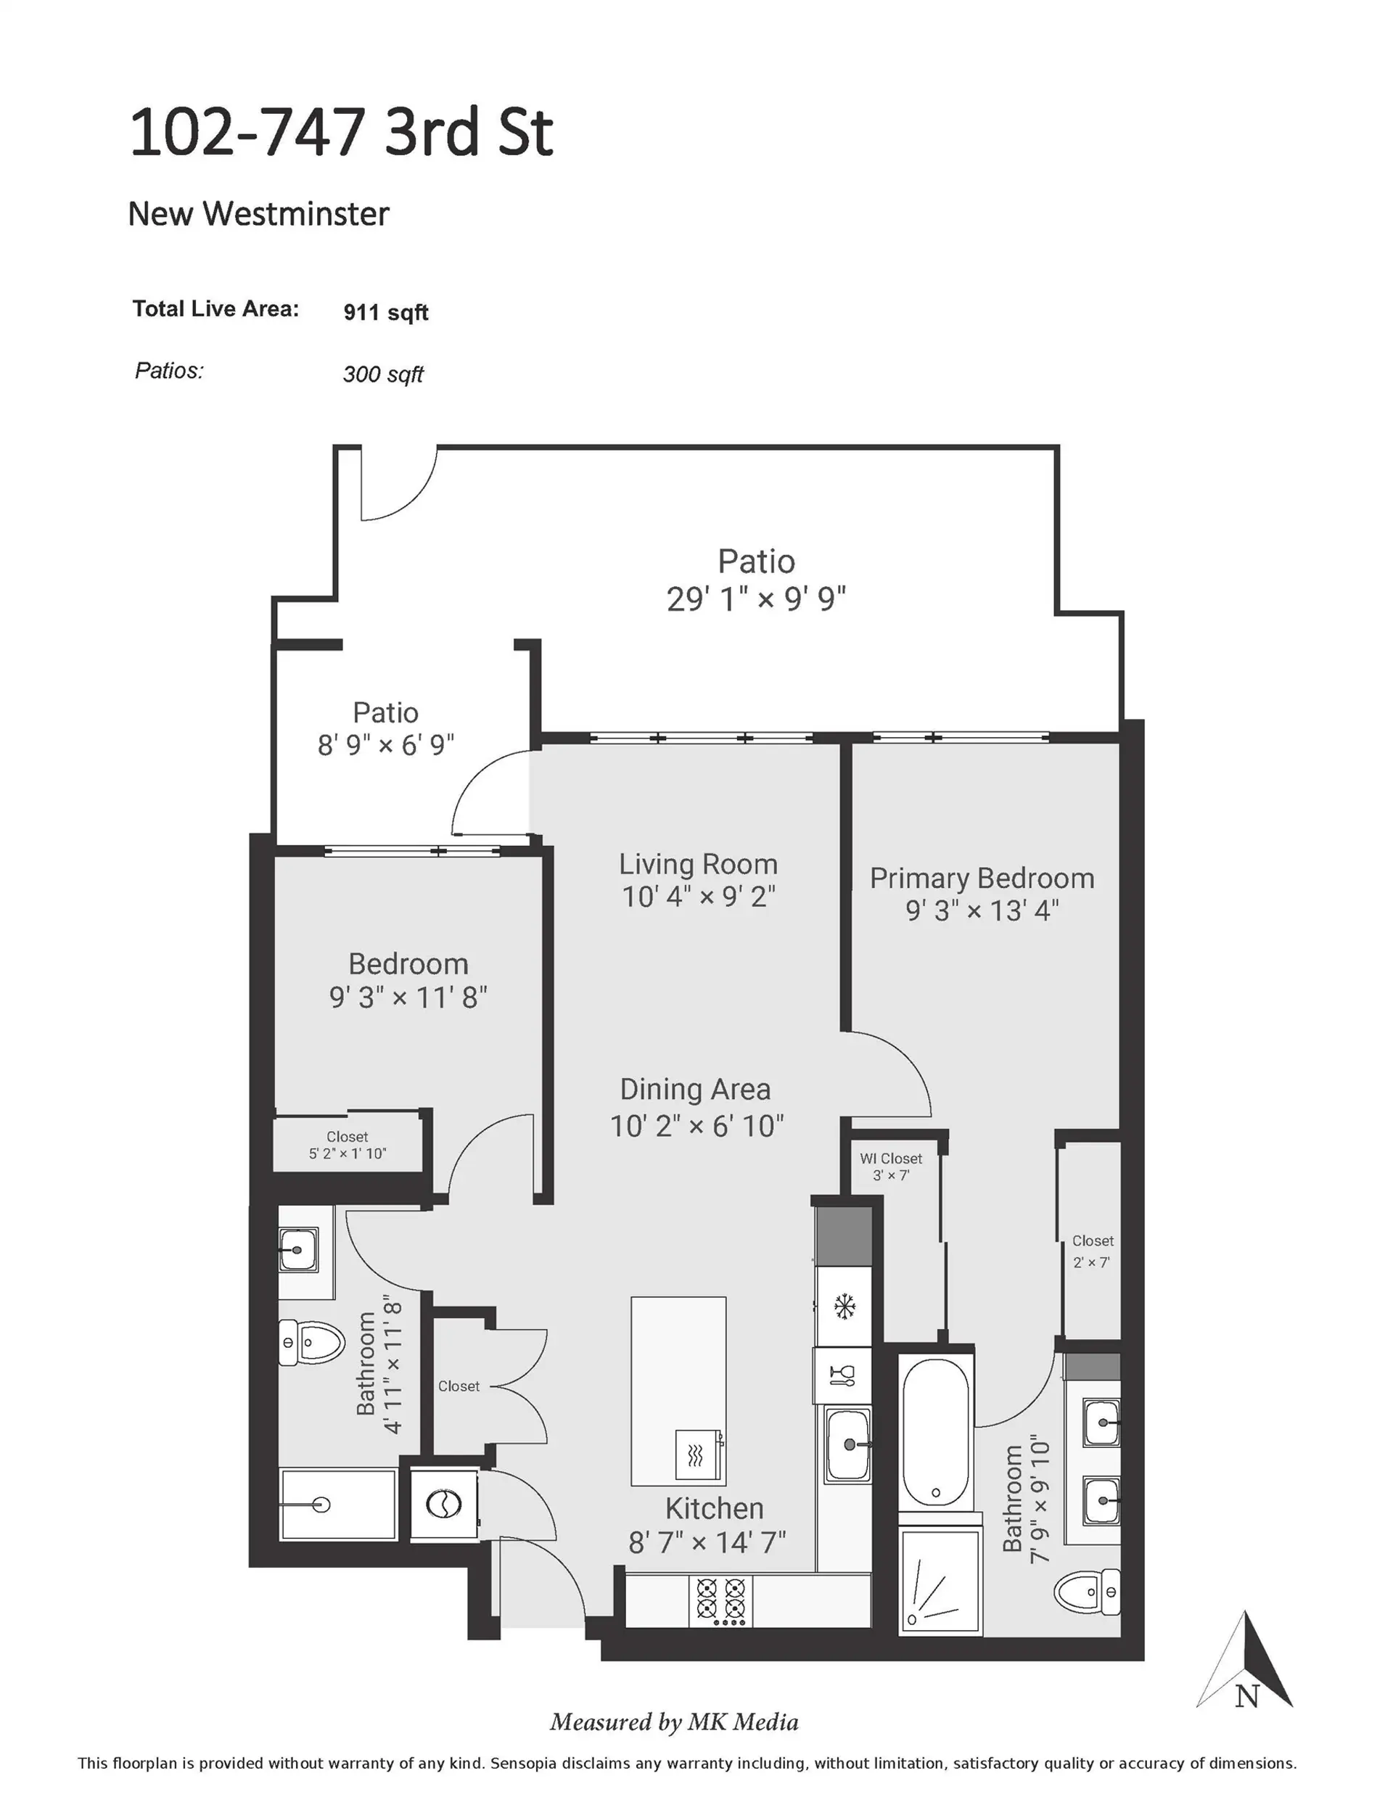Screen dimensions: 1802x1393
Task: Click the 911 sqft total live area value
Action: tap(385, 313)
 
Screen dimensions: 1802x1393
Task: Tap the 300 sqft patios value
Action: tap(383, 374)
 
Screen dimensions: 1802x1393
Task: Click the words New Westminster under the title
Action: tap(258, 215)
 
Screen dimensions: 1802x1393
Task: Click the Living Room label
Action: tap(698, 864)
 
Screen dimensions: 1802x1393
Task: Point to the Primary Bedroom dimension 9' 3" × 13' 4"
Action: tap(982, 910)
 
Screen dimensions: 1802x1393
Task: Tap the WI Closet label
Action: tap(890, 1159)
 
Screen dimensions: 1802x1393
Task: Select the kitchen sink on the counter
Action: tap(847, 1444)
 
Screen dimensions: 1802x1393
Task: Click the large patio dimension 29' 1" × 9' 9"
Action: tap(756, 599)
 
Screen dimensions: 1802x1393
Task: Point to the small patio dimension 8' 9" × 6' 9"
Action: tap(385, 745)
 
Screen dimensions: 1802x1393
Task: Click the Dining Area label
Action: tap(695, 1089)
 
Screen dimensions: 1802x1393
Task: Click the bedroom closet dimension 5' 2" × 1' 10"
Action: tap(347, 1153)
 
